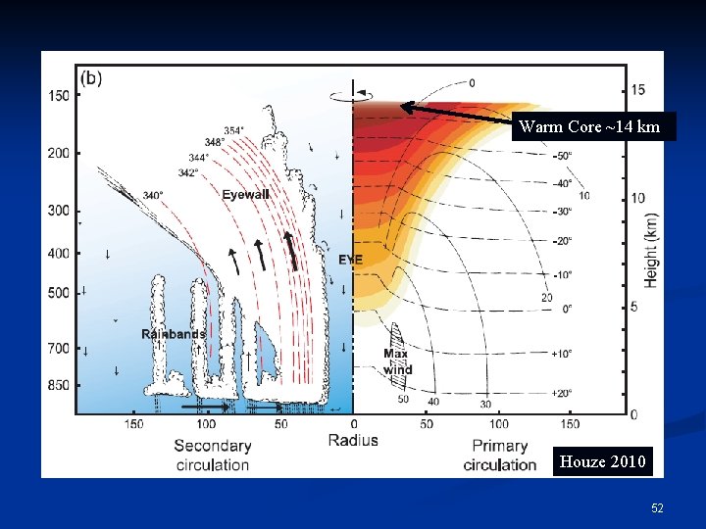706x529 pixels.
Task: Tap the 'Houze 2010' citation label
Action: pos(603,461)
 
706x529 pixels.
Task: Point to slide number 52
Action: pos(657,508)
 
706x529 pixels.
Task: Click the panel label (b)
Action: pos(91,77)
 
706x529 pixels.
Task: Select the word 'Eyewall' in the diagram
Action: pos(245,195)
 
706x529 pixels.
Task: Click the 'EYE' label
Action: pos(350,260)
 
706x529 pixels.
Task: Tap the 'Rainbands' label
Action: pos(174,334)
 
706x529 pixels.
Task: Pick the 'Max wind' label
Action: pos(397,361)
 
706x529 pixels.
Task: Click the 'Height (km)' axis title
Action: pos(651,252)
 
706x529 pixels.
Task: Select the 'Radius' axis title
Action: pos(352,441)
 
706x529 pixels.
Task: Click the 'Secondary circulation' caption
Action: pos(212,456)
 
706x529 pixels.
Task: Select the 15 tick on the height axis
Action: pos(638,90)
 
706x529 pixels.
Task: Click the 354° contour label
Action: pos(234,130)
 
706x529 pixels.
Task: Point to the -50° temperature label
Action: pos(562,156)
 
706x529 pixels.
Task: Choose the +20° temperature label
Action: pos(561,393)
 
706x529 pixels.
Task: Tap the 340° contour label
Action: pos(153,195)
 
